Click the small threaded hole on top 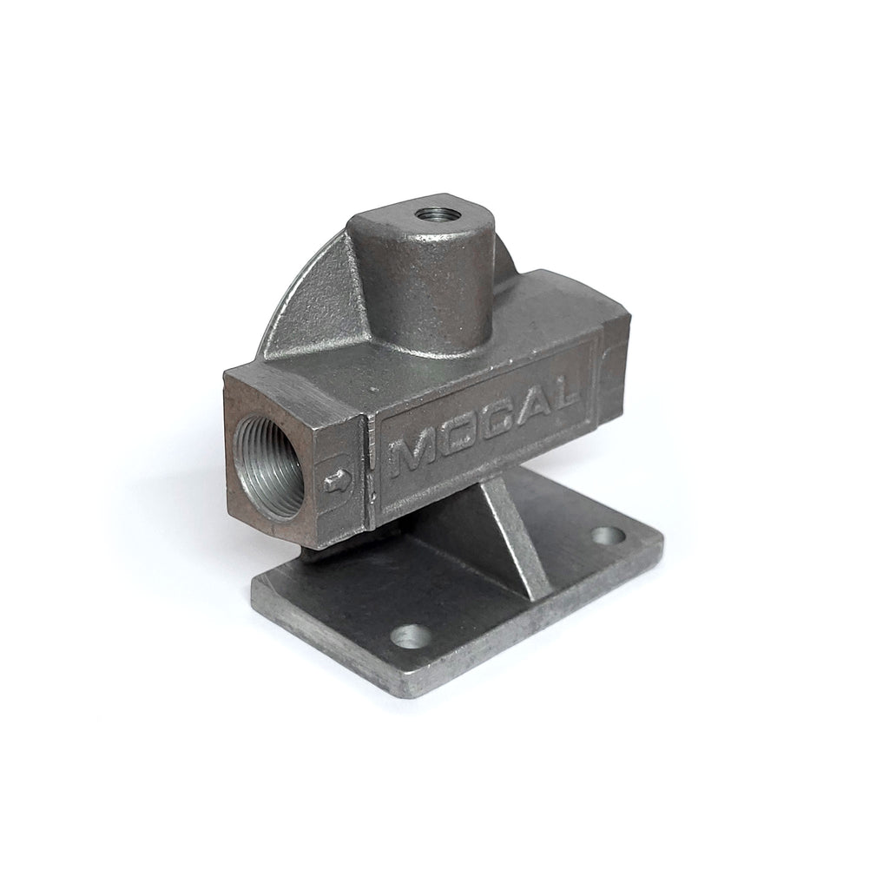tap(431, 215)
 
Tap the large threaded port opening tap(267, 465)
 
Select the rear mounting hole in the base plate tap(609, 535)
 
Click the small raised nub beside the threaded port tap(336, 481)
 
